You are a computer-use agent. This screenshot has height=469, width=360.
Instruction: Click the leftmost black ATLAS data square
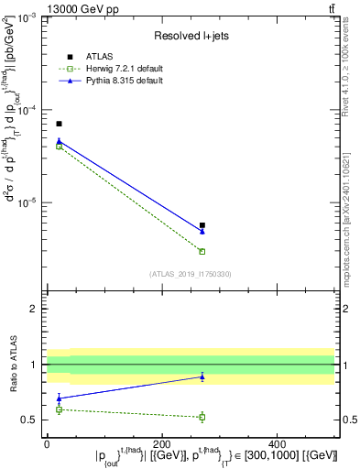coord(59,124)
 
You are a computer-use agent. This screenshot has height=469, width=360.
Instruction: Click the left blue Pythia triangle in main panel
coord(59,141)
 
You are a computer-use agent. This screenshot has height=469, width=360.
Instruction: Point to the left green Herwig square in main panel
coord(59,147)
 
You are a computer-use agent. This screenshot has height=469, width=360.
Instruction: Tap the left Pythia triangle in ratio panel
coord(59,398)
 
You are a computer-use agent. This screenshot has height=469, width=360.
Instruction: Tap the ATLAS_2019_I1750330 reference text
coord(190,274)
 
